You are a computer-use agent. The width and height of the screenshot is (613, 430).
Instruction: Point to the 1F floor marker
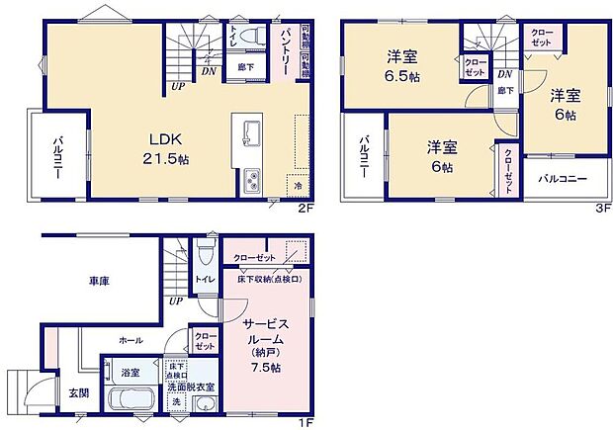(306, 422)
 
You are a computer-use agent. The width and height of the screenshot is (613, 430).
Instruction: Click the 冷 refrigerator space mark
(298, 185)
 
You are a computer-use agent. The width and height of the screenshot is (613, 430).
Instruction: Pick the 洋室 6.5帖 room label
(402, 65)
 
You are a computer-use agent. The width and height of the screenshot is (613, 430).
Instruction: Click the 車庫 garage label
(96, 282)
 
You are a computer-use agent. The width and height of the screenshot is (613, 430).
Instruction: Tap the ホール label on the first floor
(130, 339)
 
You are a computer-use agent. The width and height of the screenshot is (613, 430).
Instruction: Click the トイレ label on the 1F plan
(205, 281)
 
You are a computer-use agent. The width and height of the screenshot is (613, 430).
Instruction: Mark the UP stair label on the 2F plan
(178, 86)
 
